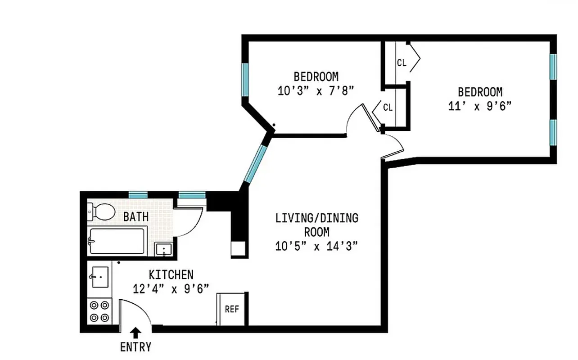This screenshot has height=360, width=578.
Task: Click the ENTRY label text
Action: click(x=135, y=347)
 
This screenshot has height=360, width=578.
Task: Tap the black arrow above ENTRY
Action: click(x=135, y=333)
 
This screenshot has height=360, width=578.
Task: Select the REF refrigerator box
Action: click(x=231, y=309)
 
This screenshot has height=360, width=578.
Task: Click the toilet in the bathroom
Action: click(x=102, y=212)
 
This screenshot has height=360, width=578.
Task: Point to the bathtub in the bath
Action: click(x=117, y=242)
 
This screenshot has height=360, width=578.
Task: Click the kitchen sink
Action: click(x=100, y=276)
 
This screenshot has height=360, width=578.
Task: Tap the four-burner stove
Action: click(x=99, y=311)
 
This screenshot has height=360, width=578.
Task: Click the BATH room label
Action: click(x=136, y=217)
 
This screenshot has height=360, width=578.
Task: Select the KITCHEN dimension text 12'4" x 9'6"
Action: click(x=171, y=289)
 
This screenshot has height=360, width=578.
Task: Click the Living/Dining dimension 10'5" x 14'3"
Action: click(x=317, y=246)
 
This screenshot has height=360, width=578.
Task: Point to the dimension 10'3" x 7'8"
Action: click(x=316, y=91)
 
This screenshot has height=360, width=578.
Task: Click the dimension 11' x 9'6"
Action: click(x=480, y=106)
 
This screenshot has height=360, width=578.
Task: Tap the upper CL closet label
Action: click(x=402, y=63)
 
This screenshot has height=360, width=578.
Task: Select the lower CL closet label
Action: click(x=388, y=108)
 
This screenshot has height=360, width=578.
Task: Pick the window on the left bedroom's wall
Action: click(x=245, y=79)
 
